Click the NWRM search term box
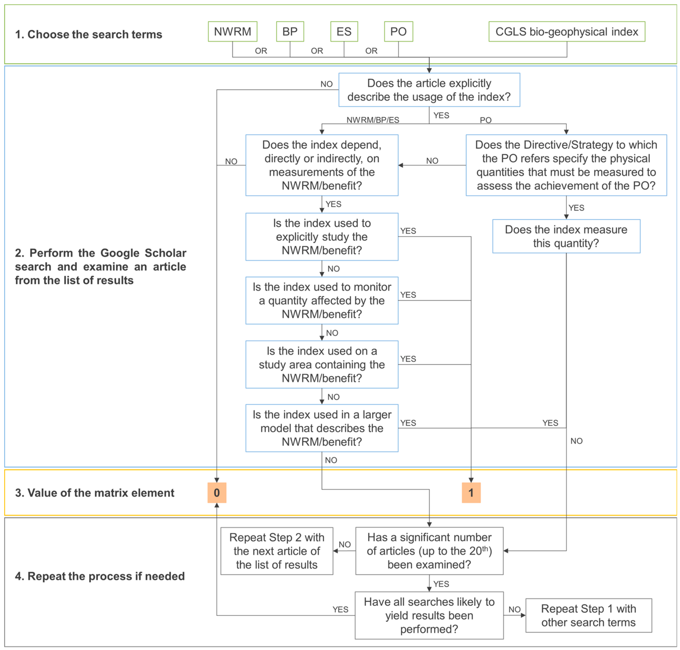coord(232,31)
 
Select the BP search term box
coord(290,31)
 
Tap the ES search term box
coord(344,31)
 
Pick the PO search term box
coord(398,31)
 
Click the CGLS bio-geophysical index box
coord(567,31)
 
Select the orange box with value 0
coord(217,492)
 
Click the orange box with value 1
coord(471,492)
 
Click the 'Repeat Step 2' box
coord(277,551)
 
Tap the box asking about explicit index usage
coord(429,90)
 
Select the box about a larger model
coord(322,428)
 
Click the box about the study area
coord(322,364)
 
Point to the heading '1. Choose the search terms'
coord(89,34)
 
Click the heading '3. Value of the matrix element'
coord(95,493)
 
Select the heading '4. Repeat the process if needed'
coord(100,576)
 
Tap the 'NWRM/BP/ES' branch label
coord(373,120)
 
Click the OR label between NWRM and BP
coord(261,51)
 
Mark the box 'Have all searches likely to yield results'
coord(429,615)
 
